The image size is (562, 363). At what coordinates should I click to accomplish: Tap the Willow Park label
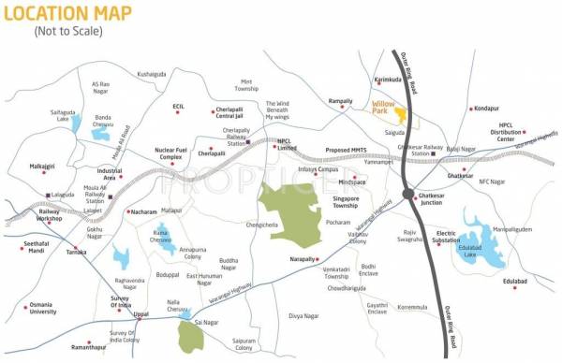point(383,108)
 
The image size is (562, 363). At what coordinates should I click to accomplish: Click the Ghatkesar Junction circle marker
point(408,194)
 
